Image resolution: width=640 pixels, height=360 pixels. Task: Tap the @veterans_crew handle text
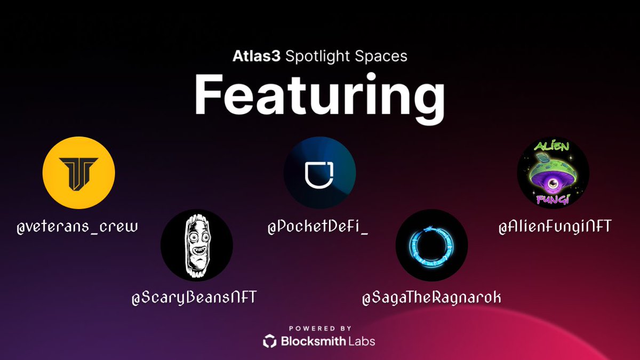click(x=77, y=227)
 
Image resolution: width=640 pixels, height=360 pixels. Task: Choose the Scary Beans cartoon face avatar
click(x=197, y=245)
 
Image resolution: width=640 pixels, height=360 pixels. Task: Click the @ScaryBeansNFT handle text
click(x=195, y=297)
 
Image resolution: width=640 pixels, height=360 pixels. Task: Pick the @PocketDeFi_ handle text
click(x=319, y=228)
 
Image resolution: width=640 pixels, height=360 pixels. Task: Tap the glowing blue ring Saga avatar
click(x=432, y=245)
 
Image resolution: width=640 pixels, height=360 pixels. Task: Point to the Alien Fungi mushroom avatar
click(x=553, y=172)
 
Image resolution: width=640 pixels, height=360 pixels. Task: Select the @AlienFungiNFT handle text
click(x=555, y=227)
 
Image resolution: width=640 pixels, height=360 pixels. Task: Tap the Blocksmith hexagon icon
click(x=270, y=341)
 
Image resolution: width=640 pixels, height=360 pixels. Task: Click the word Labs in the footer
click(x=362, y=341)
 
